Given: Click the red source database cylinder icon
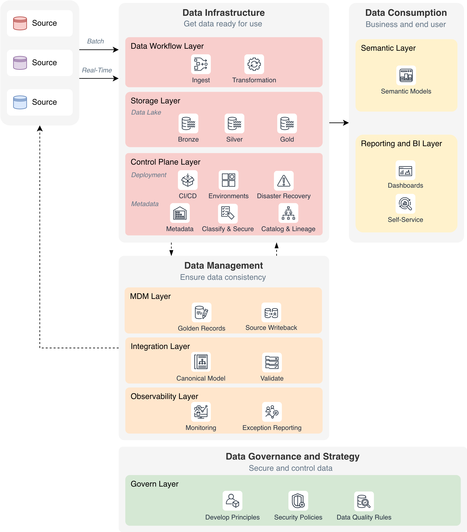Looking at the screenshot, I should pyautogui.click(x=20, y=23).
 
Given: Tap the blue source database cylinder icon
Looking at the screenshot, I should pyautogui.click(x=20, y=102).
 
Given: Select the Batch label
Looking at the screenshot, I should pyautogui.click(x=95, y=41).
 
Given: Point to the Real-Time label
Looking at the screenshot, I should pyautogui.click(x=97, y=70).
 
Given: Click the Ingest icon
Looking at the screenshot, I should pyautogui.click(x=201, y=64).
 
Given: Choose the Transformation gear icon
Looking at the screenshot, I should pyautogui.click(x=254, y=64).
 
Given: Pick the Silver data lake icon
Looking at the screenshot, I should pyautogui.click(x=234, y=123).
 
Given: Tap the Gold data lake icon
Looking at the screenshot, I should pyautogui.click(x=287, y=123).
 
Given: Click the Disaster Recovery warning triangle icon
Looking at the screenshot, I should pyautogui.click(x=284, y=181).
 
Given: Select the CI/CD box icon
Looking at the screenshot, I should pyautogui.click(x=188, y=180).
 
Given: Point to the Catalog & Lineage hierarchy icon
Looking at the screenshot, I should pyautogui.click(x=288, y=213).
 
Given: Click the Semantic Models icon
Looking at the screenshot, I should pyautogui.click(x=406, y=75).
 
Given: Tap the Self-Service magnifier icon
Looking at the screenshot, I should pyautogui.click(x=405, y=203).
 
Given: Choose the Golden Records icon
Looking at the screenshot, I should pyautogui.click(x=201, y=312).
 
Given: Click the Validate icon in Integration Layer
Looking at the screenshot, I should pyautogui.click(x=272, y=362).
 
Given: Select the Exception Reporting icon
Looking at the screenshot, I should pyautogui.click(x=272, y=412).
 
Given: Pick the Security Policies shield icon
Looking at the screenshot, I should pyautogui.click(x=298, y=501).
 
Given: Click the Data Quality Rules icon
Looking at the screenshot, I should pyautogui.click(x=364, y=501).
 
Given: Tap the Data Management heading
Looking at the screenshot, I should pyautogui.click(x=223, y=266).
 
